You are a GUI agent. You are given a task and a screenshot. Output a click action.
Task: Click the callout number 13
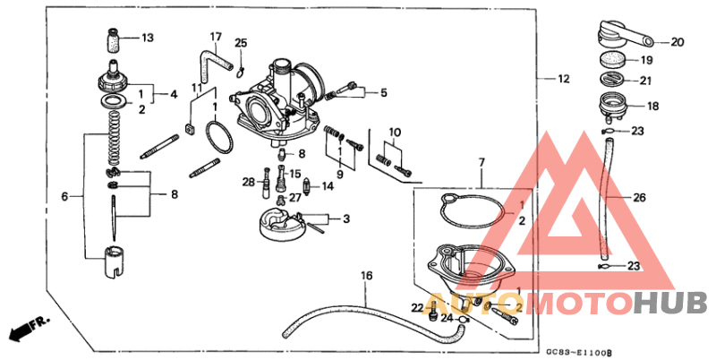pos(148,38)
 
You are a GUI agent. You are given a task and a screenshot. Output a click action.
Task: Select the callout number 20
pos(676,41)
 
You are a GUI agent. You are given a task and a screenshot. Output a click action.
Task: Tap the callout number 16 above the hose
pos(365,275)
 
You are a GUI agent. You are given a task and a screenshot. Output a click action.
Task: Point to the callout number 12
pos(563,80)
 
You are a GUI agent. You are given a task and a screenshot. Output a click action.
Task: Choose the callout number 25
pos(241,44)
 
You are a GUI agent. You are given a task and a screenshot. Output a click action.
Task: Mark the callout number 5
pos(382,92)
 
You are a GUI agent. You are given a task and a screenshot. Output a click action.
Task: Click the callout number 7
pos(481,162)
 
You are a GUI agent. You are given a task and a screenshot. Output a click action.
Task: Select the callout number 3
pos(345,218)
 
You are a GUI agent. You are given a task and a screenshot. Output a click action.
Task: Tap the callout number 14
pos(328,186)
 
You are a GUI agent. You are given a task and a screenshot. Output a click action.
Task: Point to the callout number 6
pos(64,196)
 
